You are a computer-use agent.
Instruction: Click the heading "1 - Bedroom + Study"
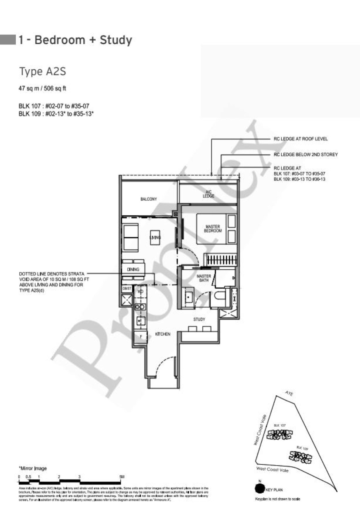75,40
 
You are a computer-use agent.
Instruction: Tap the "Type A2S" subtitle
43,71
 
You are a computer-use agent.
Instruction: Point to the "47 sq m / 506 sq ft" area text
42,88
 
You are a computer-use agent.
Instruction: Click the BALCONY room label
148,199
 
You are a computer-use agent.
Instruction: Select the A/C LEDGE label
209,194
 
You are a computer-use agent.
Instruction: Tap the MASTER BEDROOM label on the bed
213,229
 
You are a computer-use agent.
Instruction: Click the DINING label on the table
133,269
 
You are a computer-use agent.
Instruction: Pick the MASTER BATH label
204,278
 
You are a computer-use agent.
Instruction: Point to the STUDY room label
199,319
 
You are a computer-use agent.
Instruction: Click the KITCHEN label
163,334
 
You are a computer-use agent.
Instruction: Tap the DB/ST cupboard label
127,289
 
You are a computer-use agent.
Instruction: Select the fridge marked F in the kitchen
141,337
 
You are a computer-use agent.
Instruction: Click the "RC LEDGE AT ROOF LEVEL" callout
301,139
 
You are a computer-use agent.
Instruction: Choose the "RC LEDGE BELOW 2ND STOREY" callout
306,154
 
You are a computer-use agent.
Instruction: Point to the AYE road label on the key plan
289,394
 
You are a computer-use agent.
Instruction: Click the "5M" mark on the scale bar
122,477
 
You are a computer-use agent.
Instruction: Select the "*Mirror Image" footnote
33,468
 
